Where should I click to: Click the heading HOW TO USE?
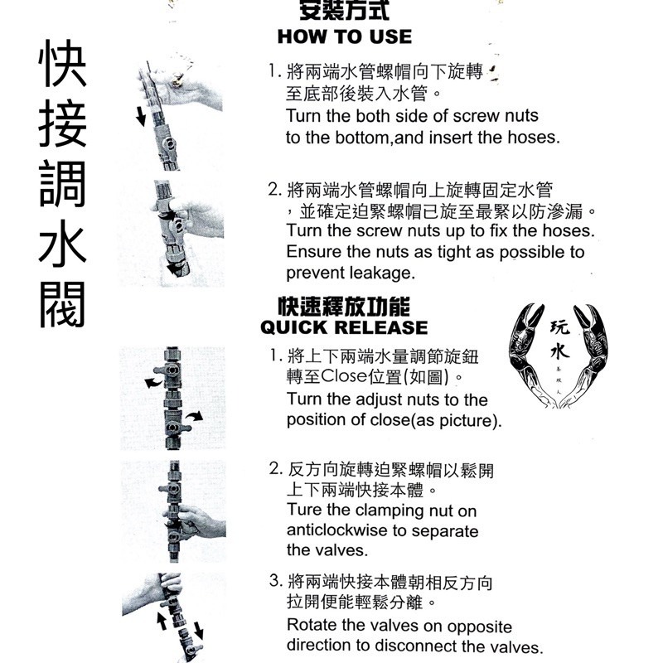coord(345,36)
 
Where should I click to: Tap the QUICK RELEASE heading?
coord(344,327)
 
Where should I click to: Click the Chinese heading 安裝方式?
coord(344,10)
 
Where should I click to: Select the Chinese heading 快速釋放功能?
coord(344,307)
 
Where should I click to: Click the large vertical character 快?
coord(63,64)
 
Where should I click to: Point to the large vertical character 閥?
coord(63,303)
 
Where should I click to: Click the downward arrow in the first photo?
coord(140,115)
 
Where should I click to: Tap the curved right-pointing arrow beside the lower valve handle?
coord(195,417)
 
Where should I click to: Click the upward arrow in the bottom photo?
coord(161,621)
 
